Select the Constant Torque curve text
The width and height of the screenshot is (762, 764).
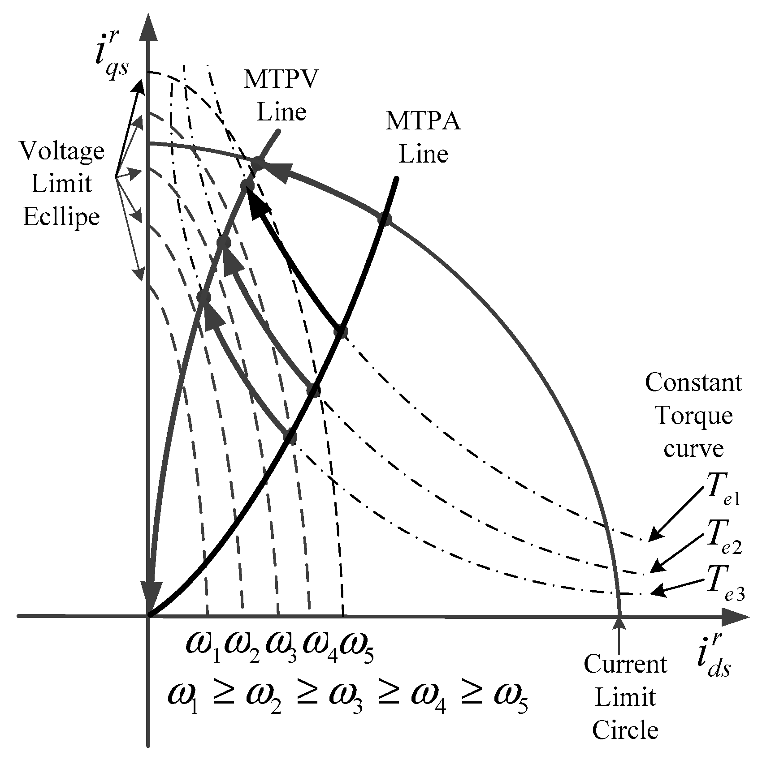click(693, 416)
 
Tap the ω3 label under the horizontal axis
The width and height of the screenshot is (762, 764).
click(281, 649)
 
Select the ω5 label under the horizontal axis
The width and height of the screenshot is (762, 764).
click(357, 649)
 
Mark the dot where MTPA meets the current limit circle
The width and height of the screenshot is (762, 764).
click(384, 219)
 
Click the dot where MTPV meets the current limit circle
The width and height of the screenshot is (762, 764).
click(257, 163)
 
